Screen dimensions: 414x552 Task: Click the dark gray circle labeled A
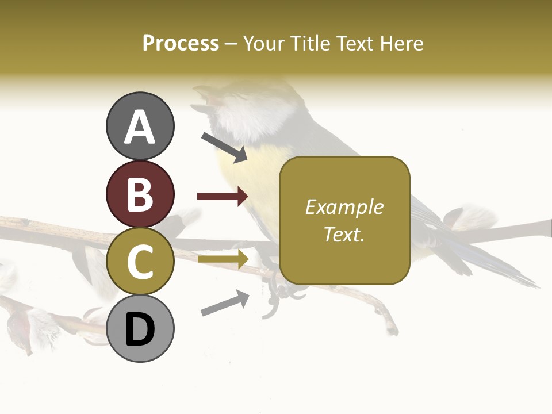(x=140, y=126)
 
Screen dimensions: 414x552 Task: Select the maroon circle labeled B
(x=140, y=194)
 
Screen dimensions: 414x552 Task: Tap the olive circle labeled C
(x=140, y=261)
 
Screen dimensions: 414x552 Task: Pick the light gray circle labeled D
(x=140, y=328)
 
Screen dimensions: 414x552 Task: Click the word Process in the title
(x=181, y=43)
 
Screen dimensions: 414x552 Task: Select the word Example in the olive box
(x=344, y=207)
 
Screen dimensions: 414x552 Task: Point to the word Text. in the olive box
(x=344, y=234)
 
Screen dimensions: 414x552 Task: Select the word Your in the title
(x=264, y=43)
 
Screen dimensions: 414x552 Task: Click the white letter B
(x=140, y=194)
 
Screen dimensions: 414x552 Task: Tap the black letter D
(x=140, y=329)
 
